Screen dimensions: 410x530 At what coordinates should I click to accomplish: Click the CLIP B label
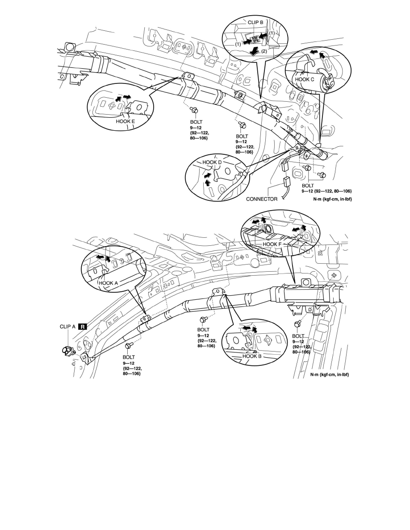(x=255, y=23)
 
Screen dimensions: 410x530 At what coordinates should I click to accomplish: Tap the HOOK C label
(x=305, y=79)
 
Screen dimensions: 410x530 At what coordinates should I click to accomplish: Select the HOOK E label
(x=125, y=121)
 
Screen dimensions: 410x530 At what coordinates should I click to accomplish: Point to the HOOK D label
(x=212, y=162)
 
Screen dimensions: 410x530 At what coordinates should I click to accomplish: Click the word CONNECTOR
(x=261, y=199)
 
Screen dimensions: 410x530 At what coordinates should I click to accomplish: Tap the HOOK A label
(x=108, y=282)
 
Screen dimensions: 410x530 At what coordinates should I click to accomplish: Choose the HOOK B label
(x=252, y=356)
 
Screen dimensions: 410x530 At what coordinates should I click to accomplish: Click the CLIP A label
(x=67, y=327)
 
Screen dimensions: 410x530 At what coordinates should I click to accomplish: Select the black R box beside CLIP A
(x=83, y=327)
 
